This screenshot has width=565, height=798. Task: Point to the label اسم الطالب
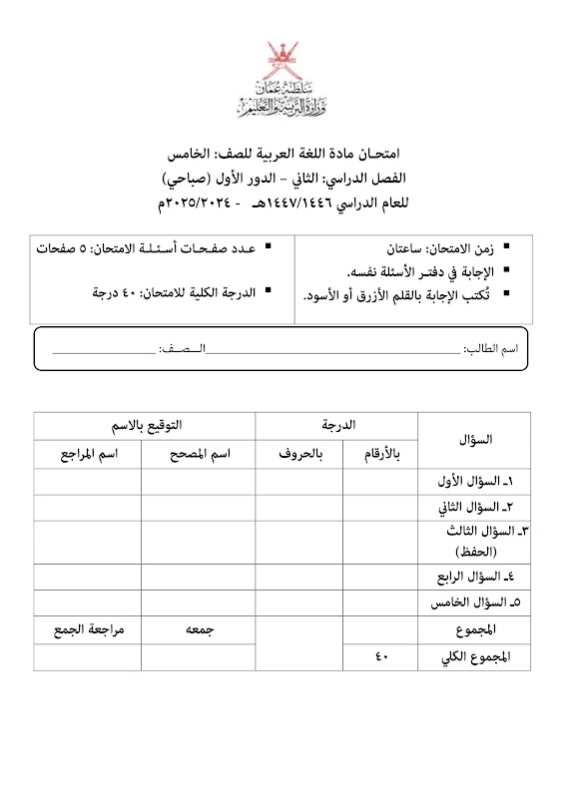tap(507, 350)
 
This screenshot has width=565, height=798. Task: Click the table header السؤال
tap(474, 439)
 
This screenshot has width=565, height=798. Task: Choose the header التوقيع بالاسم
tap(144, 426)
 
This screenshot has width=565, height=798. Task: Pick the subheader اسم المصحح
tap(198, 455)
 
